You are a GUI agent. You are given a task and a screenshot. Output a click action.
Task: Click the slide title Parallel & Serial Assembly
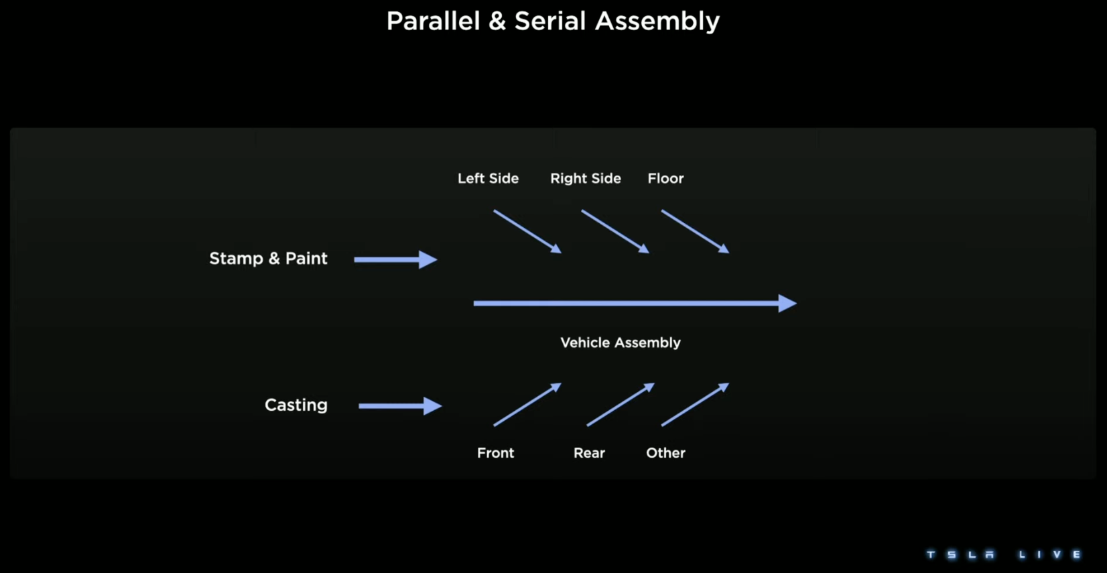click(x=553, y=21)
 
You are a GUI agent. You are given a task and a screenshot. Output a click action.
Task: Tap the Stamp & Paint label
click(x=268, y=259)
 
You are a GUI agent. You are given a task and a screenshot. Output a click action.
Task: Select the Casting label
click(x=296, y=405)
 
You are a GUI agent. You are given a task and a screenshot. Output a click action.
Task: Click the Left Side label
click(x=489, y=178)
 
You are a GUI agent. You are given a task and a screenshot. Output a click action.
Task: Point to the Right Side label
click(x=586, y=178)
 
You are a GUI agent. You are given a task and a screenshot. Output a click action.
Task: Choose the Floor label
click(x=665, y=178)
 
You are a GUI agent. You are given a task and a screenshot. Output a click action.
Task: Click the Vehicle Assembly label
click(x=621, y=342)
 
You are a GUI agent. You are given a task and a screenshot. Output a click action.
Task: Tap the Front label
click(x=496, y=453)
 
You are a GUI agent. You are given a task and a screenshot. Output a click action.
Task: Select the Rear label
click(x=589, y=453)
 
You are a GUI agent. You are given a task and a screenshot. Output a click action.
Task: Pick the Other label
click(x=665, y=453)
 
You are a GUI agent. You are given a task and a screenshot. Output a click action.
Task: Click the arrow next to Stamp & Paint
click(x=396, y=259)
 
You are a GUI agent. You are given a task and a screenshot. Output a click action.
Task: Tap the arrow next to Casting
click(x=400, y=406)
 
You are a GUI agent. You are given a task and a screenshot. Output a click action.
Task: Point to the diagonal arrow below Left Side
click(x=527, y=231)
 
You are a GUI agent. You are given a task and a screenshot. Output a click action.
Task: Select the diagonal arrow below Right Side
click(x=615, y=231)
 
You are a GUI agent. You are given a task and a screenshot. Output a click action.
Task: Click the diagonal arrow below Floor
click(x=696, y=231)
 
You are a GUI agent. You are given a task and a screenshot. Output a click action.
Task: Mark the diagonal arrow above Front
click(x=527, y=404)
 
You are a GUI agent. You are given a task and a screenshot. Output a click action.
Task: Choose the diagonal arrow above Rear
click(x=621, y=404)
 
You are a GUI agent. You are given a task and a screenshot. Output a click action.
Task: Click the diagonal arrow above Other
click(x=696, y=404)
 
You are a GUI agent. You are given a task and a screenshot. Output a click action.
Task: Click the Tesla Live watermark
click(x=1004, y=555)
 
